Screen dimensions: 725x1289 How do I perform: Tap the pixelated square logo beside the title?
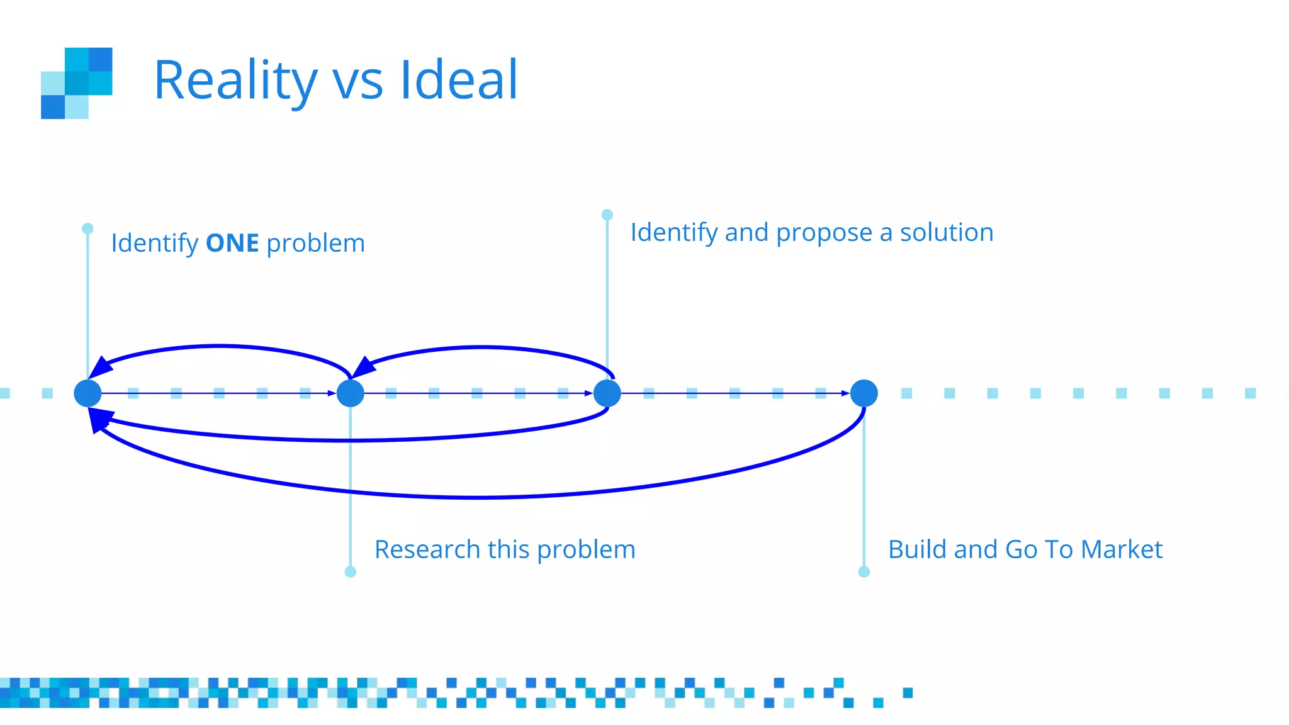[x=77, y=83]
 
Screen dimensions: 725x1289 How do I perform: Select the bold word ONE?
[x=232, y=244]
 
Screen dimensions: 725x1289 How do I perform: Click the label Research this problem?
[x=505, y=549]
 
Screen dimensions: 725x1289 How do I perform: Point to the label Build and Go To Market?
[x=1025, y=549]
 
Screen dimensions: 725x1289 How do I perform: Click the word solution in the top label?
[x=947, y=232]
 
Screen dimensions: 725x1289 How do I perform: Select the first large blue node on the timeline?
[x=87, y=393]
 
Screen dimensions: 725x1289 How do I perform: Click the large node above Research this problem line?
[x=351, y=393]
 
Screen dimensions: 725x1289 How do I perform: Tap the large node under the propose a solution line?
[x=607, y=393]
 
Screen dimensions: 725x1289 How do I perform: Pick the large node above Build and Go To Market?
[x=864, y=393]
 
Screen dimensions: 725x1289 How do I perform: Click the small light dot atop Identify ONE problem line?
[x=87, y=228]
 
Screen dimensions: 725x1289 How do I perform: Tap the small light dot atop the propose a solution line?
[x=607, y=215]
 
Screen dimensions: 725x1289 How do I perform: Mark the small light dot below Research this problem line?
[x=351, y=571]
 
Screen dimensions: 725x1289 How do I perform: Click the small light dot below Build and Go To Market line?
[x=864, y=571]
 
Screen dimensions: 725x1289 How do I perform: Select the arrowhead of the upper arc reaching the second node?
[x=363, y=368]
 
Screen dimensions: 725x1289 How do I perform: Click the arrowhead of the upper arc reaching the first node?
[x=100, y=368]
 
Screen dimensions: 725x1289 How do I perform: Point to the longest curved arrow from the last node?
[x=478, y=497]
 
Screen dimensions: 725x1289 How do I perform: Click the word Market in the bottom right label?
[x=1122, y=549]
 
